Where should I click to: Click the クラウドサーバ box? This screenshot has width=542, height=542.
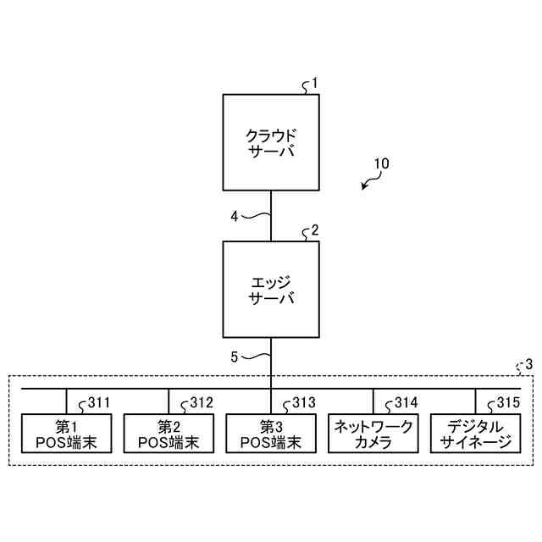(x=271, y=142)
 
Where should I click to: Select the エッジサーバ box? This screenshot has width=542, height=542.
(x=271, y=289)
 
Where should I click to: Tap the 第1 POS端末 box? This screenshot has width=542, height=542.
(x=67, y=434)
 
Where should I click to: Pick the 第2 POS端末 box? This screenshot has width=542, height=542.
(x=169, y=434)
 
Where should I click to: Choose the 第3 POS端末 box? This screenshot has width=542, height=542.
(x=271, y=434)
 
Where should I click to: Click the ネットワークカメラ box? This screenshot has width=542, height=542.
(x=373, y=434)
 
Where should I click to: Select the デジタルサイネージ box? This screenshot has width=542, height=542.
(x=475, y=434)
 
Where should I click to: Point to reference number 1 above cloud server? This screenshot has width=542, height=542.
(x=314, y=83)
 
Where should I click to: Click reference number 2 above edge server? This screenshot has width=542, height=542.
(x=315, y=230)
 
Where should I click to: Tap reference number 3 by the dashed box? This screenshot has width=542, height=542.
(x=529, y=365)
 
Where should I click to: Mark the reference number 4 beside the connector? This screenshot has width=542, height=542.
(x=235, y=216)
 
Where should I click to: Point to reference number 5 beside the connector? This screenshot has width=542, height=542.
(x=235, y=357)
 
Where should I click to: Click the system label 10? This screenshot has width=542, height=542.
(x=381, y=163)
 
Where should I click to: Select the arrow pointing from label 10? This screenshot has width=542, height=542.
(x=368, y=181)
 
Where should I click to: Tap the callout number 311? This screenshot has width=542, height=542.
(x=99, y=402)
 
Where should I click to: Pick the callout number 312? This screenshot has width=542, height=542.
(x=201, y=402)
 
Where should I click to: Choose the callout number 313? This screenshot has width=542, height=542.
(x=303, y=402)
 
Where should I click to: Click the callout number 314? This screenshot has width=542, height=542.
(x=406, y=402)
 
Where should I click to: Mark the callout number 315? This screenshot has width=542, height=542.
(x=507, y=402)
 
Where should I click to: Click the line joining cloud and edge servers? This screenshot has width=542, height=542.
(x=271, y=216)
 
